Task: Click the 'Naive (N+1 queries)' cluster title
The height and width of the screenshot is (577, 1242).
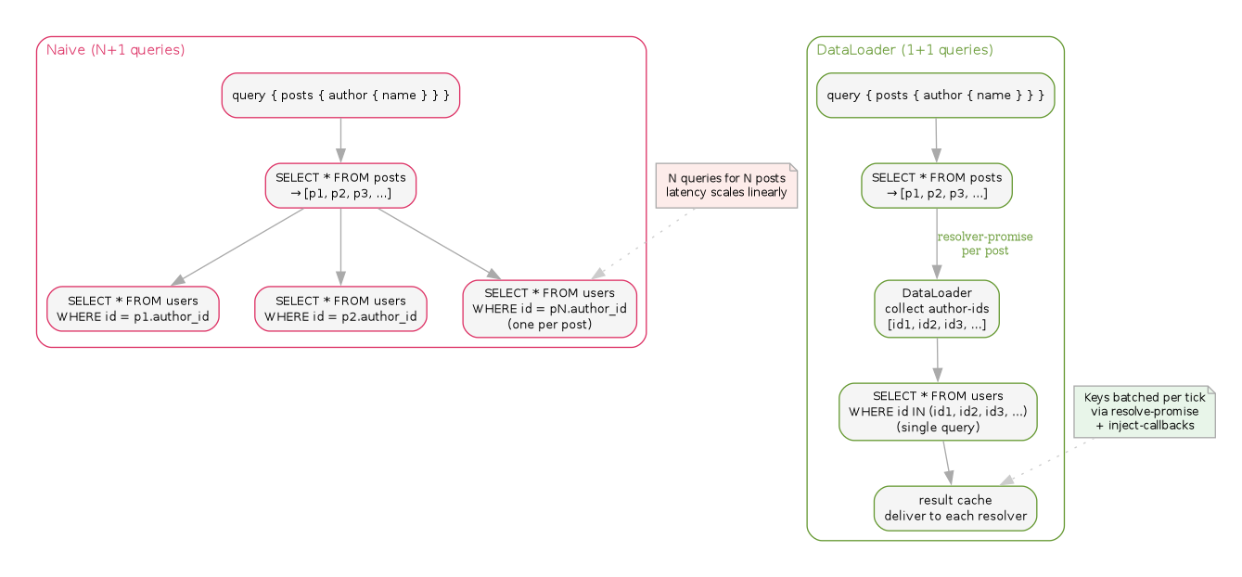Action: (x=115, y=50)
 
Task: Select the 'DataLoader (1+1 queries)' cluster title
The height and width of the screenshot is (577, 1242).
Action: (x=904, y=50)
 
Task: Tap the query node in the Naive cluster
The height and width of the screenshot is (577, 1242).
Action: (x=340, y=96)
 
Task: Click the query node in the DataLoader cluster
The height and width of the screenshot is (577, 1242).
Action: (x=935, y=96)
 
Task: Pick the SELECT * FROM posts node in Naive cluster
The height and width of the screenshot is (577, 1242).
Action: (x=340, y=186)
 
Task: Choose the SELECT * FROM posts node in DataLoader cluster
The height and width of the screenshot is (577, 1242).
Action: (x=936, y=186)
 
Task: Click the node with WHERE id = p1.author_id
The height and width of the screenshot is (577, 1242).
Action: (x=133, y=309)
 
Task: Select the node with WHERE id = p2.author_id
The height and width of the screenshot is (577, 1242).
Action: (x=340, y=309)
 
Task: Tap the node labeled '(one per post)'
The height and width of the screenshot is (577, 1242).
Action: (x=549, y=309)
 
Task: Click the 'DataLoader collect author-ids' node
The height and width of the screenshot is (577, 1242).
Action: (x=937, y=309)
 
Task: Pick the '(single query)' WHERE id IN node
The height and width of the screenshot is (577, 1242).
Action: (x=938, y=411)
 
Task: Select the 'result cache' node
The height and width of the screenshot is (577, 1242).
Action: (x=954, y=508)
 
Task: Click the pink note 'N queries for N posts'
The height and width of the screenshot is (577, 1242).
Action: (x=726, y=186)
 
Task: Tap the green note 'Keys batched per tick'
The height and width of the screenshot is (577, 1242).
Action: (x=1144, y=411)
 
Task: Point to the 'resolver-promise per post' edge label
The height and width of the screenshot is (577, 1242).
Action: (x=984, y=244)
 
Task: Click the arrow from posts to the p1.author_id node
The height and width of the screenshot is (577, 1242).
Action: (x=237, y=247)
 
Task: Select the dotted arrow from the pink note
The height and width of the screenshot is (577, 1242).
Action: (x=645, y=243)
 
